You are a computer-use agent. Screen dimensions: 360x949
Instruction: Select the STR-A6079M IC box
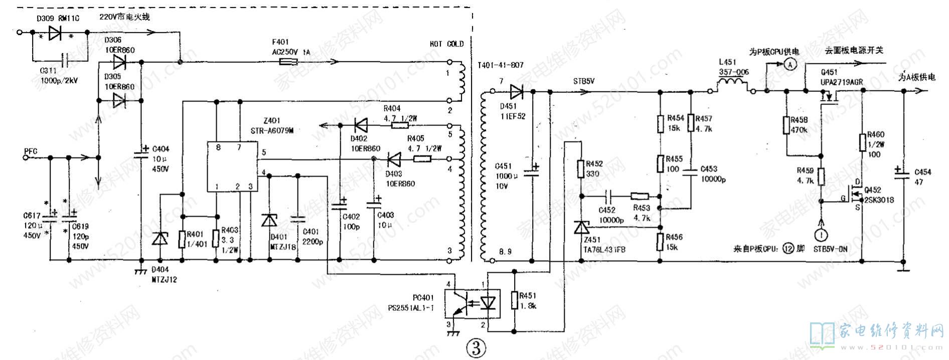232,166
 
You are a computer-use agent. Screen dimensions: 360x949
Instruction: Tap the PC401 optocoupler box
472,303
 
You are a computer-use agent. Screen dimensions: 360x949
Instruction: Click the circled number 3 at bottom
476,347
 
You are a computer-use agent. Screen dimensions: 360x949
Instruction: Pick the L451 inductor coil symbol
733,84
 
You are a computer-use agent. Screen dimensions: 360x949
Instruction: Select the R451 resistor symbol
514,300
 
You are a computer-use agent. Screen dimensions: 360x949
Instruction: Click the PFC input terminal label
31,151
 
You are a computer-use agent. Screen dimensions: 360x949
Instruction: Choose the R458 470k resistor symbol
786,125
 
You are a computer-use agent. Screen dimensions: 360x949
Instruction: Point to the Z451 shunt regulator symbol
581,228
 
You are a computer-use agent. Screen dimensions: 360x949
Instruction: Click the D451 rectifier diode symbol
516,92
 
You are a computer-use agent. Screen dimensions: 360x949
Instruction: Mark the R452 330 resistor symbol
581,169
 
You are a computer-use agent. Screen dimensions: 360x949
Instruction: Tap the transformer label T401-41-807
500,65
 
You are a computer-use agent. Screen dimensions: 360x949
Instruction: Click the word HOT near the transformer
435,44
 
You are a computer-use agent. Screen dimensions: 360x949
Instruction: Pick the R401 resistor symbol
182,239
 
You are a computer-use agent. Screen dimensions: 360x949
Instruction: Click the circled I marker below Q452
821,234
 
